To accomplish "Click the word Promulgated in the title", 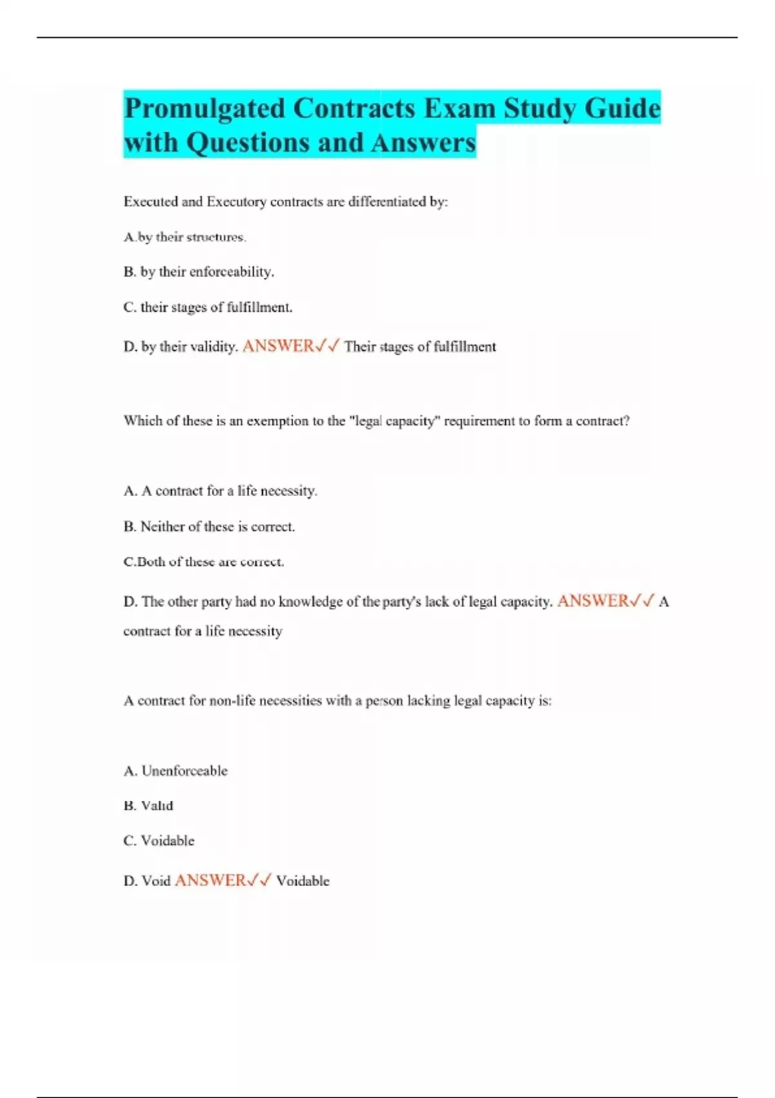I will [204, 109].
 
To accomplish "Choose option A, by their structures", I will [185, 237].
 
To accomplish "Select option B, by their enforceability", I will [198, 272].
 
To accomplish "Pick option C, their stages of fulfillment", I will [207, 307].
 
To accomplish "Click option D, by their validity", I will [180, 347].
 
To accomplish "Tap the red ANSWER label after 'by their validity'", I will [278, 346].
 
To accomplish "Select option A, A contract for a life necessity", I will [220, 491].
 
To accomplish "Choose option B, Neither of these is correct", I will [209, 526].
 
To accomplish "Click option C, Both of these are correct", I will [203, 562].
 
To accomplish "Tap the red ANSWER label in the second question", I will [593, 601].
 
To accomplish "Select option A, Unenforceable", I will [175, 771].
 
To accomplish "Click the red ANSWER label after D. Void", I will [211, 880].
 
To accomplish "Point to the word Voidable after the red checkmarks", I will [302, 881].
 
